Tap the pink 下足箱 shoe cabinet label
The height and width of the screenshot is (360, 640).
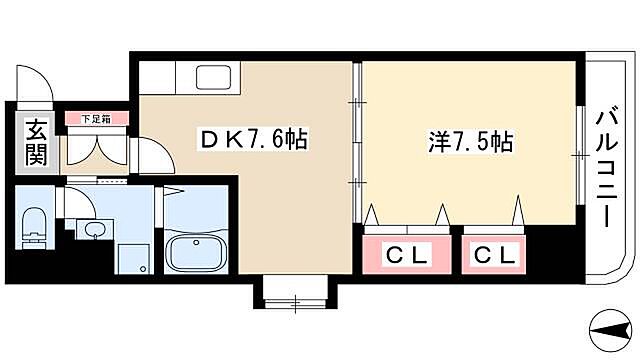(x=97, y=119)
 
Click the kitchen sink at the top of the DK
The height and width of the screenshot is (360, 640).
(x=213, y=78)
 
